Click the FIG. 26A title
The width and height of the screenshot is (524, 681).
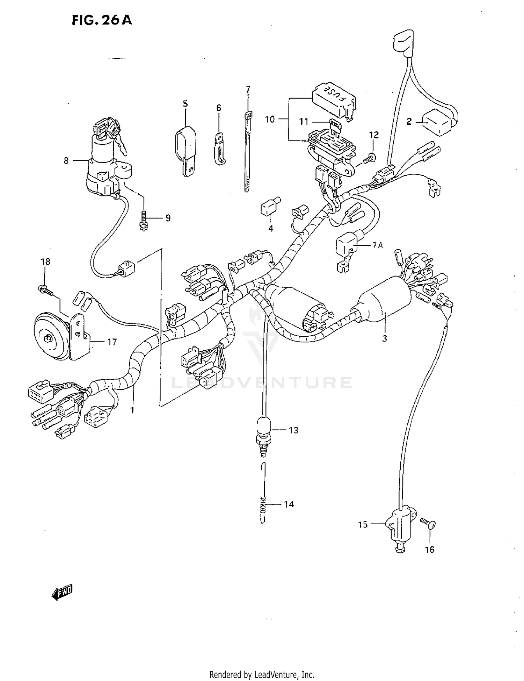tap(102, 20)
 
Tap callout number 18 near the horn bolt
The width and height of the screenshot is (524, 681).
tap(45, 261)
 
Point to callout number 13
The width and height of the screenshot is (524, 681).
tap(293, 430)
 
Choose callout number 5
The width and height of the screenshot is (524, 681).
tap(185, 104)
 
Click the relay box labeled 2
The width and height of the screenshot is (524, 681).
tap(438, 122)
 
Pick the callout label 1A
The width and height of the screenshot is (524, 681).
tap(377, 245)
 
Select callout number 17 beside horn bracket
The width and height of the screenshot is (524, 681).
tap(112, 342)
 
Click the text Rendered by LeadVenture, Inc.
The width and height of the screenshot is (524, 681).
tap(262, 674)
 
